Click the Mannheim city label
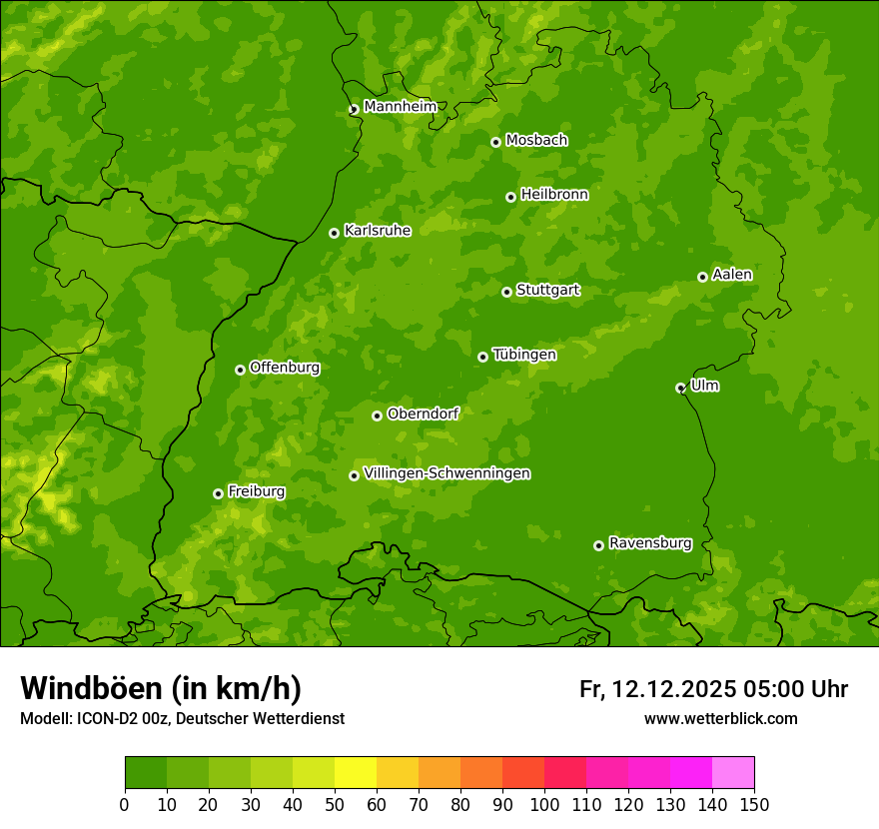[x=400, y=107]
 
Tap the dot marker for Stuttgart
[x=506, y=292]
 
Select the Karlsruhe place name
[x=377, y=231]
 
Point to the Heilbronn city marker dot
[x=510, y=197]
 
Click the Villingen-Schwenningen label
[x=446, y=473]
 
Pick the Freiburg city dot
[x=218, y=493]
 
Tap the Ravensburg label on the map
[x=649, y=543]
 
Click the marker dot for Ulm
[x=680, y=388]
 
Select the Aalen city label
[x=731, y=275]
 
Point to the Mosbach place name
[x=535, y=141]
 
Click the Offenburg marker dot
[x=240, y=370]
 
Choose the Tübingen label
[x=523, y=355]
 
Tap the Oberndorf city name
[x=423, y=414]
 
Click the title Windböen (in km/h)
[x=161, y=688]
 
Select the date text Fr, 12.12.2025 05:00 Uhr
[x=713, y=689]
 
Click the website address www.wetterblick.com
[x=720, y=718]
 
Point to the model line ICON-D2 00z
[x=182, y=718]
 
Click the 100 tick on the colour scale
[x=544, y=804]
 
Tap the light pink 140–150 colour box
[x=733, y=773]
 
